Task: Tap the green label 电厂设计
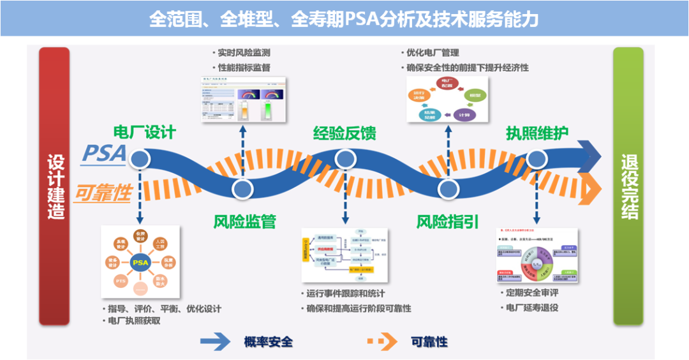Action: [144, 133]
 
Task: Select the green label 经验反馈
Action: [344, 133]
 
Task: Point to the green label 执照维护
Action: [537, 133]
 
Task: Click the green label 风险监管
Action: [244, 222]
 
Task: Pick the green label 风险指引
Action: [447, 222]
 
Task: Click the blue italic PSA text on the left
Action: [103, 154]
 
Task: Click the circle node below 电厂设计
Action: [139, 158]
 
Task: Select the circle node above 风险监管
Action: [242, 189]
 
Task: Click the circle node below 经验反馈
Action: [344, 158]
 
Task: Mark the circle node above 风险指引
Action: [448, 189]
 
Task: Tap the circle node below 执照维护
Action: [537, 158]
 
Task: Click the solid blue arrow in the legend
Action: [215, 342]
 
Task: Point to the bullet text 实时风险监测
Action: [244, 53]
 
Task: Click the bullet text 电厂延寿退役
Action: [531, 307]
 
